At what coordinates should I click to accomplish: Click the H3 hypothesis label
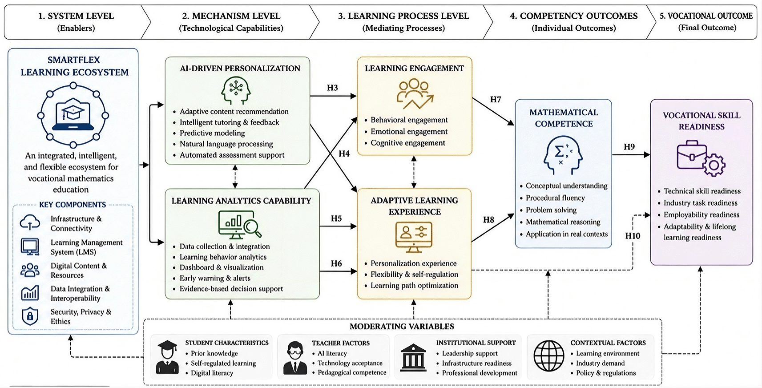pyautogui.click(x=332, y=88)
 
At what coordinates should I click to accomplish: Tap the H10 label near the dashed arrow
pyautogui.click(x=633, y=236)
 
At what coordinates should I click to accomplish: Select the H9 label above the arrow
pyautogui.click(x=629, y=147)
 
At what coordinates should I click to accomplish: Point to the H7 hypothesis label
pyautogui.click(x=495, y=99)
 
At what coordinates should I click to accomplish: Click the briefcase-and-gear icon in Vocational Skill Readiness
pyautogui.click(x=701, y=158)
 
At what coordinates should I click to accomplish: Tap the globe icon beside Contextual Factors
pyautogui.click(x=549, y=356)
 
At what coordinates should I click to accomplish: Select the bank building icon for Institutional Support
pyautogui.click(x=413, y=357)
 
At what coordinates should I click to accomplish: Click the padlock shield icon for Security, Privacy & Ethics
pyautogui.click(x=30, y=316)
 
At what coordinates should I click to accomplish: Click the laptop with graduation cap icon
pyautogui.click(x=73, y=115)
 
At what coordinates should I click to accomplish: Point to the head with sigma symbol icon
pyautogui.click(x=563, y=155)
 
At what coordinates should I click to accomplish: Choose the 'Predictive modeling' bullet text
pyautogui.click(x=212, y=133)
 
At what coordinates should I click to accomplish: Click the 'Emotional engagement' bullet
pyautogui.click(x=409, y=131)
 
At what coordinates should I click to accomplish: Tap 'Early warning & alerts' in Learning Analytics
pyautogui.click(x=215, y=278)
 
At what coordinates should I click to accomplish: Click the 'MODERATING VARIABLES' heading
pyautogui.click(x=402, y=327)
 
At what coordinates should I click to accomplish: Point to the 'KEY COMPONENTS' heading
pyautogui.click(x=73, y=205)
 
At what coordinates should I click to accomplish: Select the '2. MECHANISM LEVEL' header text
pyautogui.click(x=231, y=16)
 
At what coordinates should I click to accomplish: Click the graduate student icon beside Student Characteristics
pyautogui.click(x=167, y=357)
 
